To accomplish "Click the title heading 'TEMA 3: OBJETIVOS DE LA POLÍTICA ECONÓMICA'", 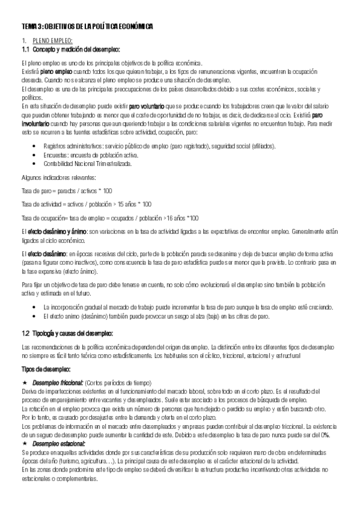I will [87, 27].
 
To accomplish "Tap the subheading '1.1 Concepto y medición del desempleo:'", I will [71, 49].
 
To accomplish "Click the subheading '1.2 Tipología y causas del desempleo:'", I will [72, 333].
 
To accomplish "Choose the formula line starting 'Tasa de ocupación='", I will [109, 218].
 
